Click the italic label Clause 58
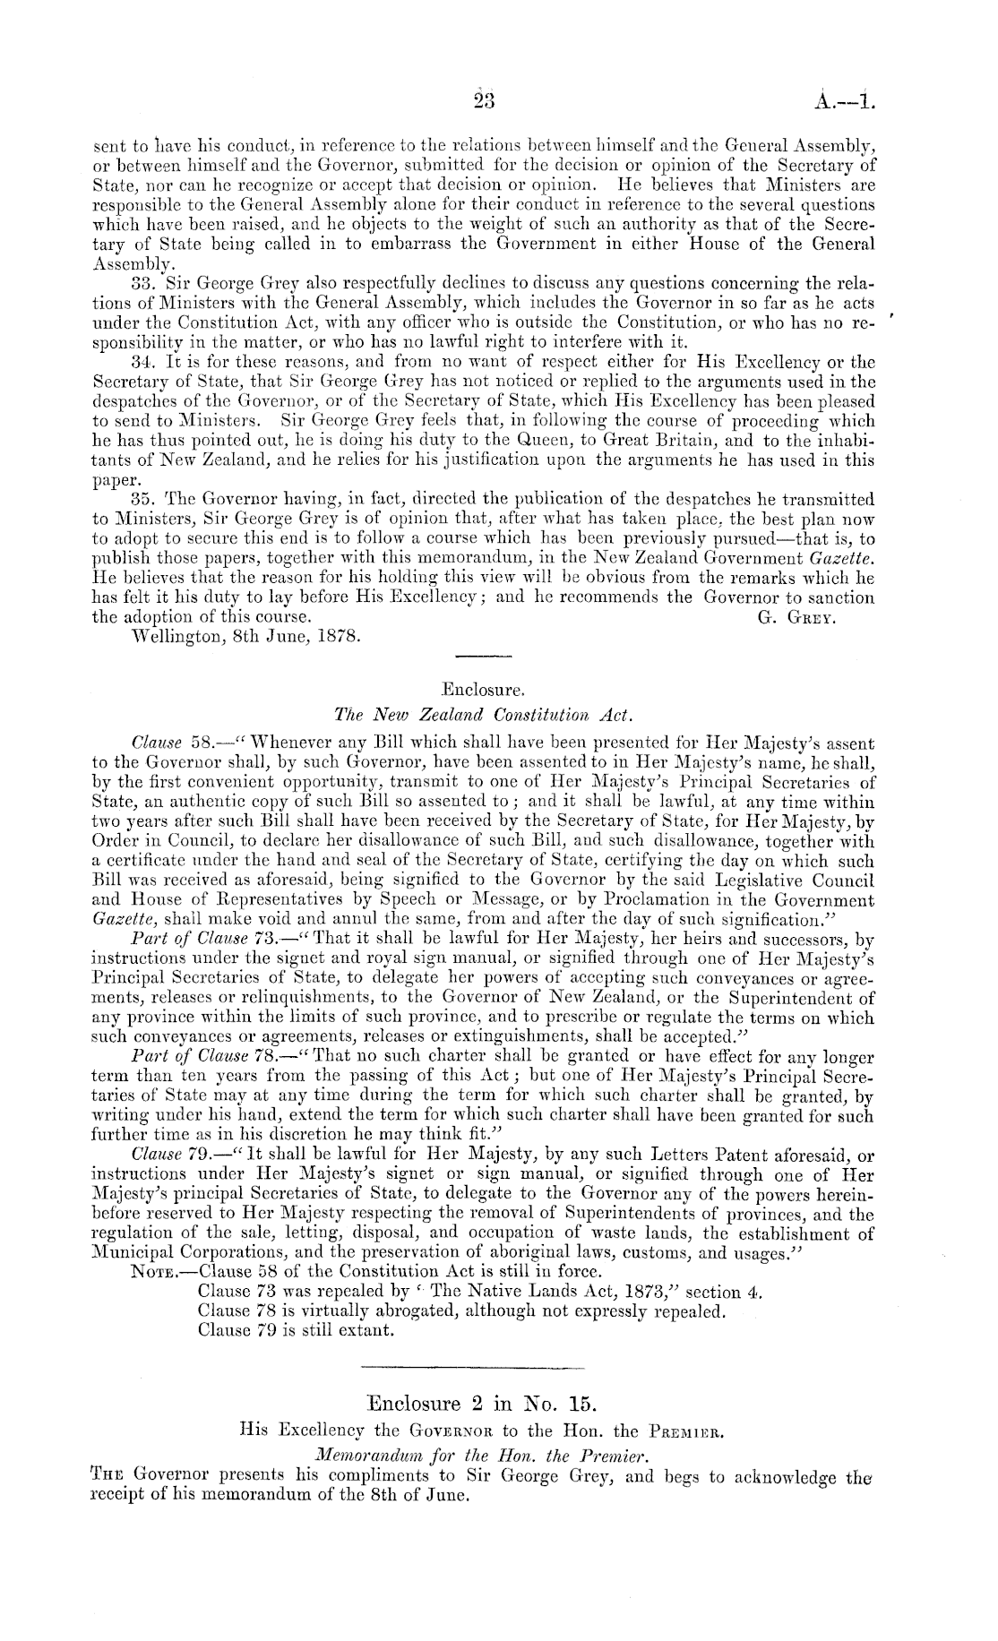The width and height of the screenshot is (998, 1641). (170, 743)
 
